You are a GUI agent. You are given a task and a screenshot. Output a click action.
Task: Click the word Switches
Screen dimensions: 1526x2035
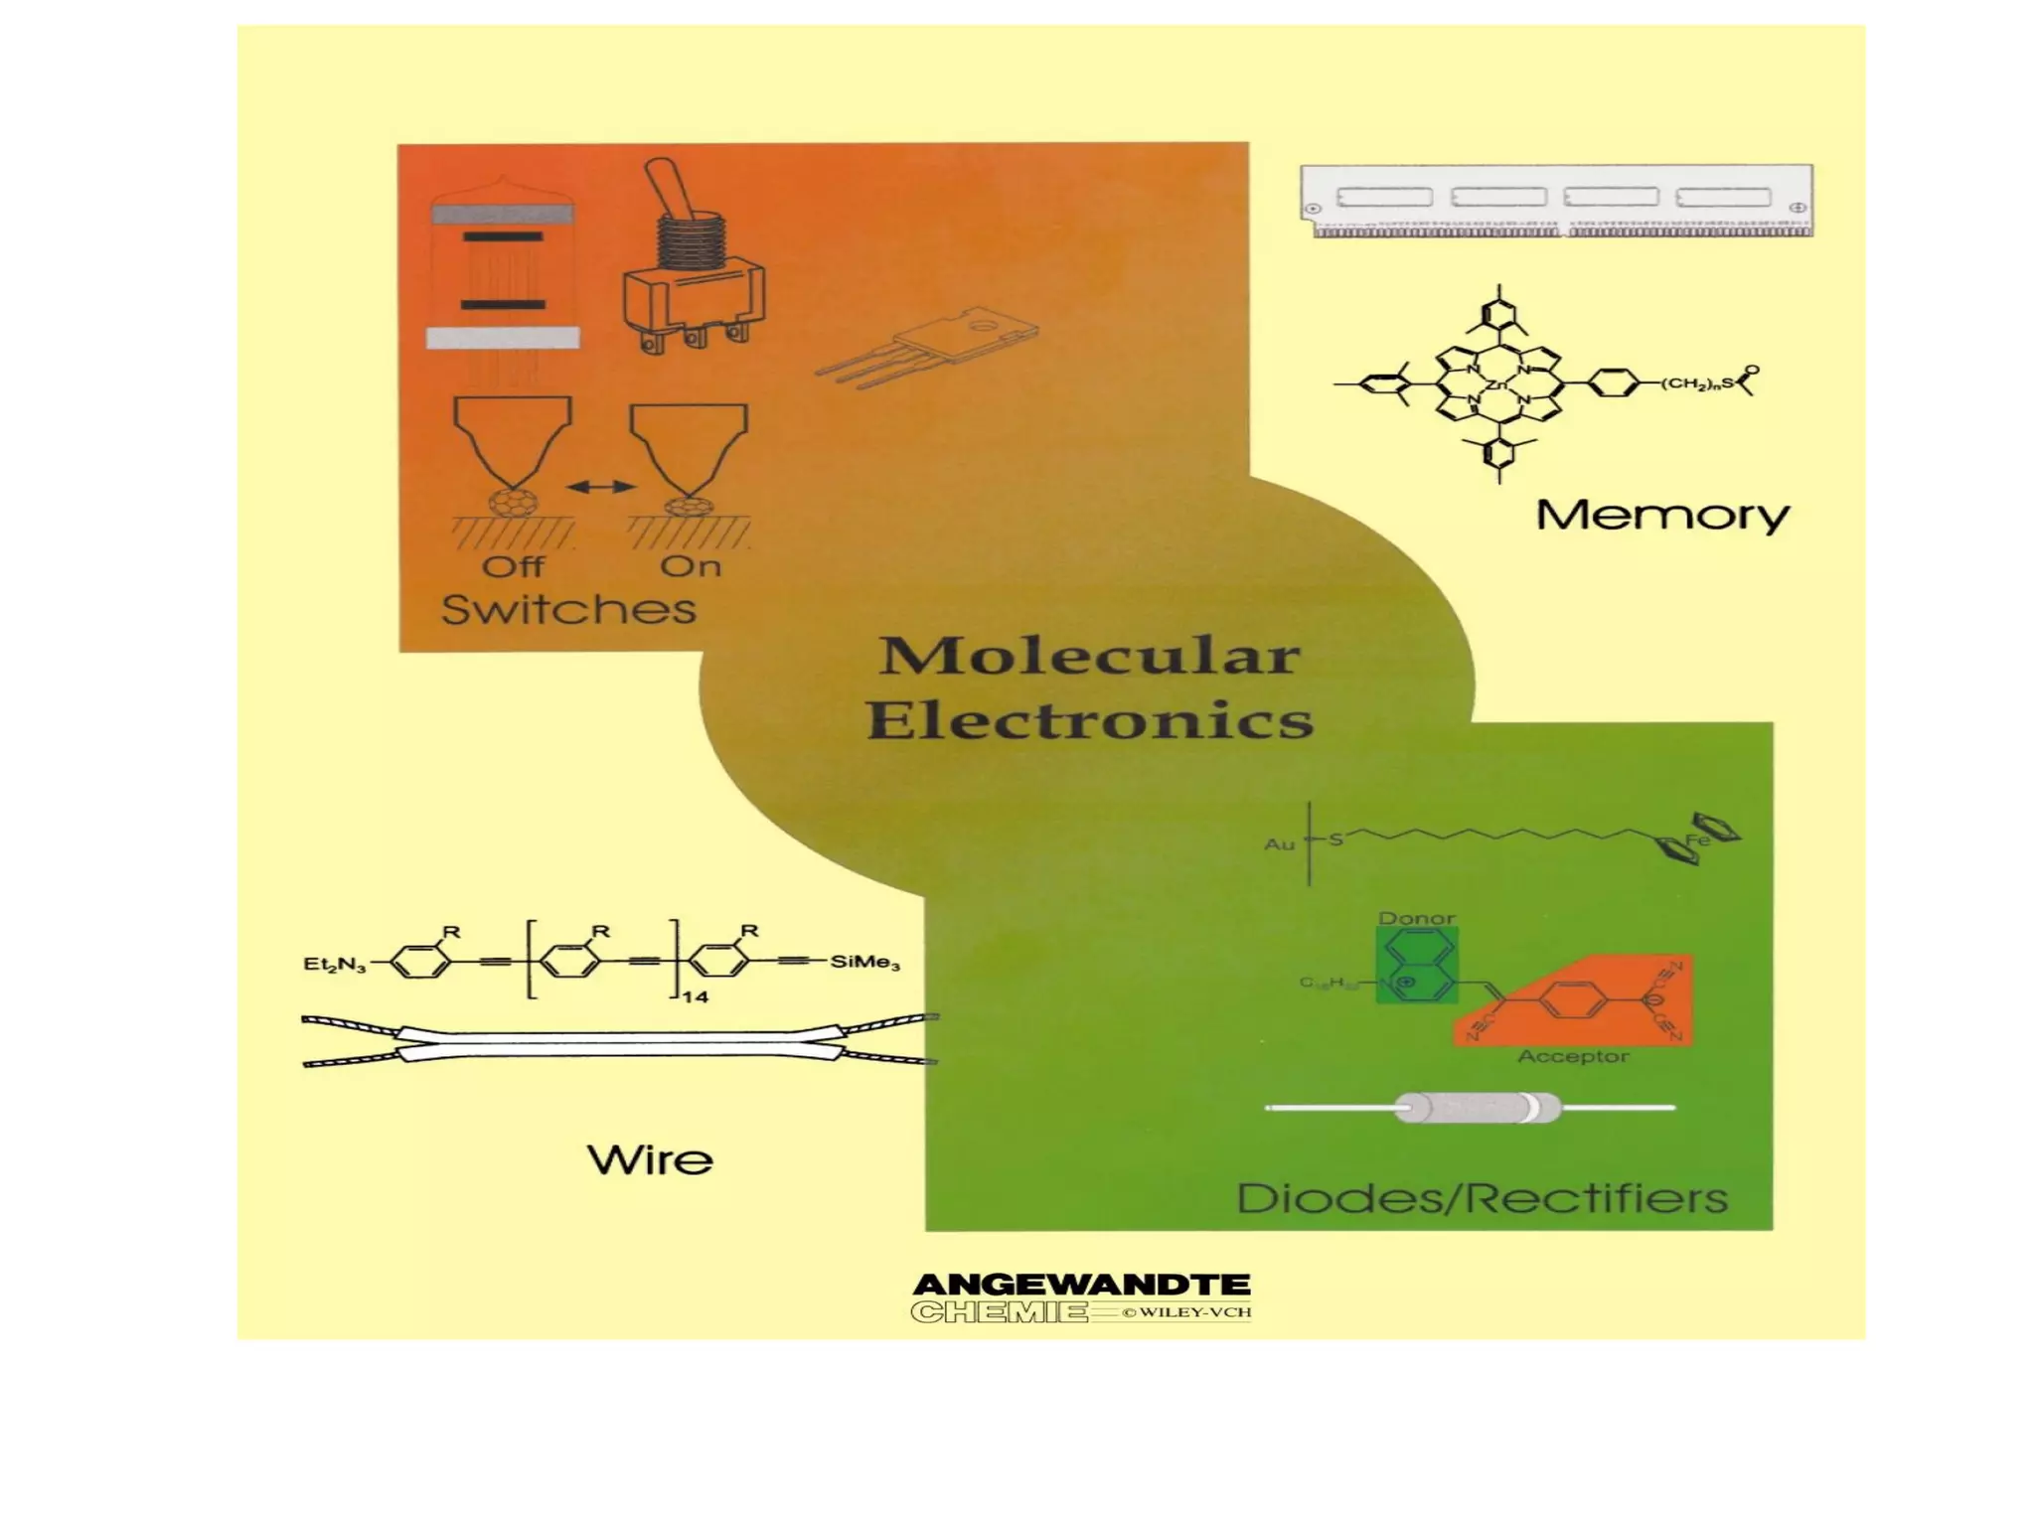coord(568,609)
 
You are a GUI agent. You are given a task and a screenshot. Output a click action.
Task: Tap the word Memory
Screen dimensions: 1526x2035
coord(1662,516)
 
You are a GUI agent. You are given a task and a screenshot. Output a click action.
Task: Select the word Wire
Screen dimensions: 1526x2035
coord(650,1159)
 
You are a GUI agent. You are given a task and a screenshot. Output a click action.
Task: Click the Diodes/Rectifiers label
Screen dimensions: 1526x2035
coord(1482,1198)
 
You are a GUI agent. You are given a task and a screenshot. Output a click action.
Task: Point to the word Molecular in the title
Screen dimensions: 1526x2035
coord(1089,657)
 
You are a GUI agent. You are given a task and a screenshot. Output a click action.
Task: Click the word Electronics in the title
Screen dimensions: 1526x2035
coord(1090,720)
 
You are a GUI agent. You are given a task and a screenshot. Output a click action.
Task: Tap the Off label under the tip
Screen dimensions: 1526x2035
coord(513,566)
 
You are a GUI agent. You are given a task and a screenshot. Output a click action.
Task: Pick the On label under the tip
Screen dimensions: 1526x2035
coord(691,566)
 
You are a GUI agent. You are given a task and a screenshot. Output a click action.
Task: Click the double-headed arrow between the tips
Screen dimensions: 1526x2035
coord(600,487)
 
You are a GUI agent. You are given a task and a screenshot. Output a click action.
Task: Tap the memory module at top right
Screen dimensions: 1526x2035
coord(1556,201)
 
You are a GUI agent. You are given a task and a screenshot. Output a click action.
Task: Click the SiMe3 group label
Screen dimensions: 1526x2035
coord(864,962)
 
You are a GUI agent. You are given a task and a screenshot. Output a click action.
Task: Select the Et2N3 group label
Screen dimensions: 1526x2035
coord(334,964)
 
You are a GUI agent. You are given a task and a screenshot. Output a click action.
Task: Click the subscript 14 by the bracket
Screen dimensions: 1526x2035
coord(695,995)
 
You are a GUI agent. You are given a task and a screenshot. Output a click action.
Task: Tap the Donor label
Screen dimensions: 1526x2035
coord(1417,918)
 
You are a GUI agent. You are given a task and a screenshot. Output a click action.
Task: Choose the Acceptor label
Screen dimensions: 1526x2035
coord(1573,1056)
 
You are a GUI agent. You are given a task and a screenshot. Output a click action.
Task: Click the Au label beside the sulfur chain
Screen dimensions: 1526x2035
coord(1279,843)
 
